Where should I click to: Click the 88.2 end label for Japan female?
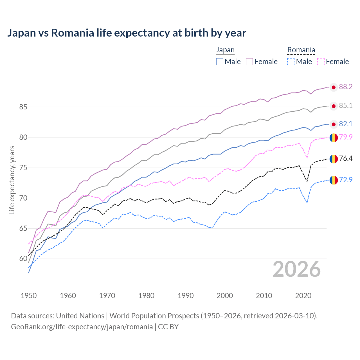[346, 87]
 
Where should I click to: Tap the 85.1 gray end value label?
[346, 106]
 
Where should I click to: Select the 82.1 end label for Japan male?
[346, 124]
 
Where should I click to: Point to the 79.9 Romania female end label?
[346, 137]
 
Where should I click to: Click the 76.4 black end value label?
[346, 159]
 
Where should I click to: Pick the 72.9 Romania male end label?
[346, 180]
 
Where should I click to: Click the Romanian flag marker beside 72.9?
[334, 180]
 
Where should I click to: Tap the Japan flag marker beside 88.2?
[334, 87]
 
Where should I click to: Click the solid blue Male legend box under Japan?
[220, 62]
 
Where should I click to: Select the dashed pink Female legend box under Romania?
[321, 62]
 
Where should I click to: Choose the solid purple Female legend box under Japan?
[249, 62]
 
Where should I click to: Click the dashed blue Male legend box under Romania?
[291, 62]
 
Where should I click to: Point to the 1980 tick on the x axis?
[146, 296]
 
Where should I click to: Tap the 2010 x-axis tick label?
[264, 296]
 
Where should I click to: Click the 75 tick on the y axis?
[23, 168]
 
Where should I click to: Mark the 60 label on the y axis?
[23, 259]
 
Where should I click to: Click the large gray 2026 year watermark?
[296, 269]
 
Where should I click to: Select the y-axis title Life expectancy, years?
[12, 180]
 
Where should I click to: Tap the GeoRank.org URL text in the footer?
[82, 327]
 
